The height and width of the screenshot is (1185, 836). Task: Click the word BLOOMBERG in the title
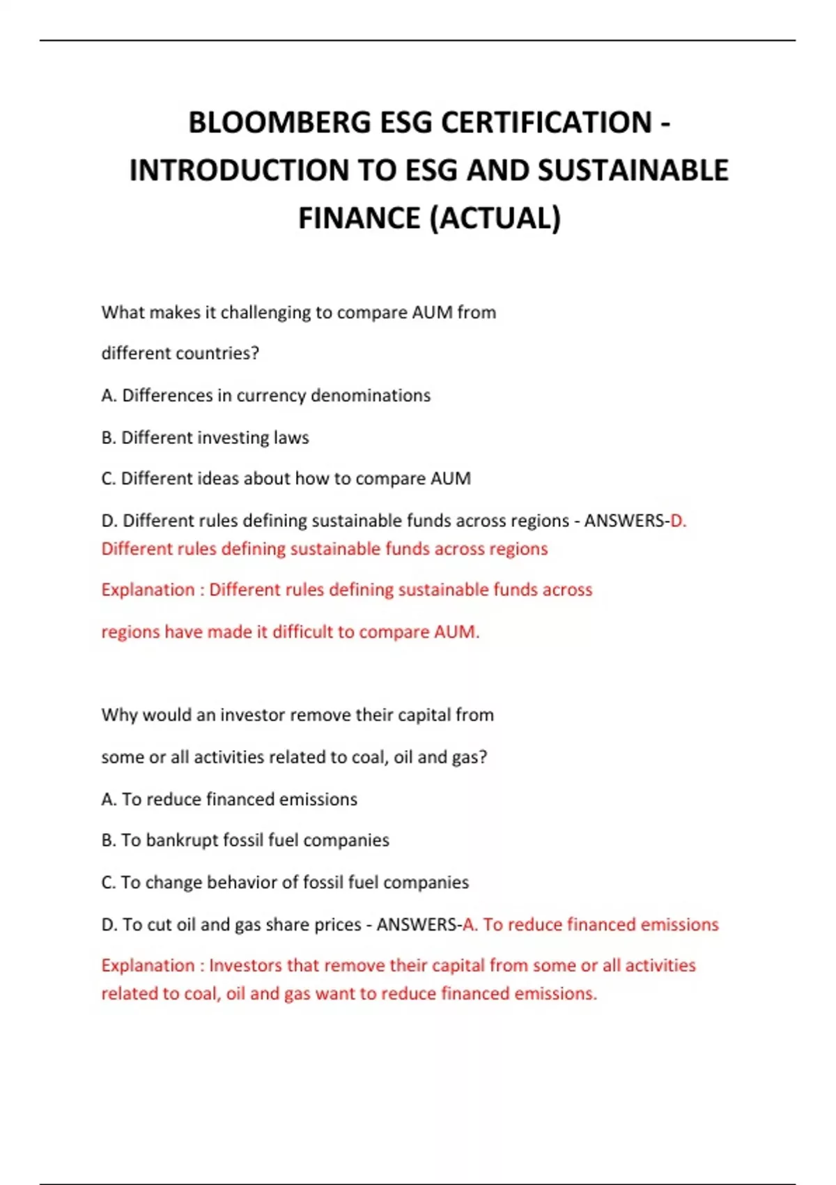279,123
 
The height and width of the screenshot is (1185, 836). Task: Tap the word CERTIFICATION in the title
547,123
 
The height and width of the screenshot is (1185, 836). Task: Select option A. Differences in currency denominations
266,395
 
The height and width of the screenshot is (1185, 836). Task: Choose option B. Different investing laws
205,438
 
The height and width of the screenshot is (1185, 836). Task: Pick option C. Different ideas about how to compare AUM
286,479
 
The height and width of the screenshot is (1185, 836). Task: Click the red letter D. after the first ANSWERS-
678,521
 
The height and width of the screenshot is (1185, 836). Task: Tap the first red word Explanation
148,590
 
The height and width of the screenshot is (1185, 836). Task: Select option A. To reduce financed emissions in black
229,799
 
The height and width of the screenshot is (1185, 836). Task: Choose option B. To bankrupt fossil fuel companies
245,841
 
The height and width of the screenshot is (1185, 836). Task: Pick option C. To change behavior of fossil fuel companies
285,882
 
